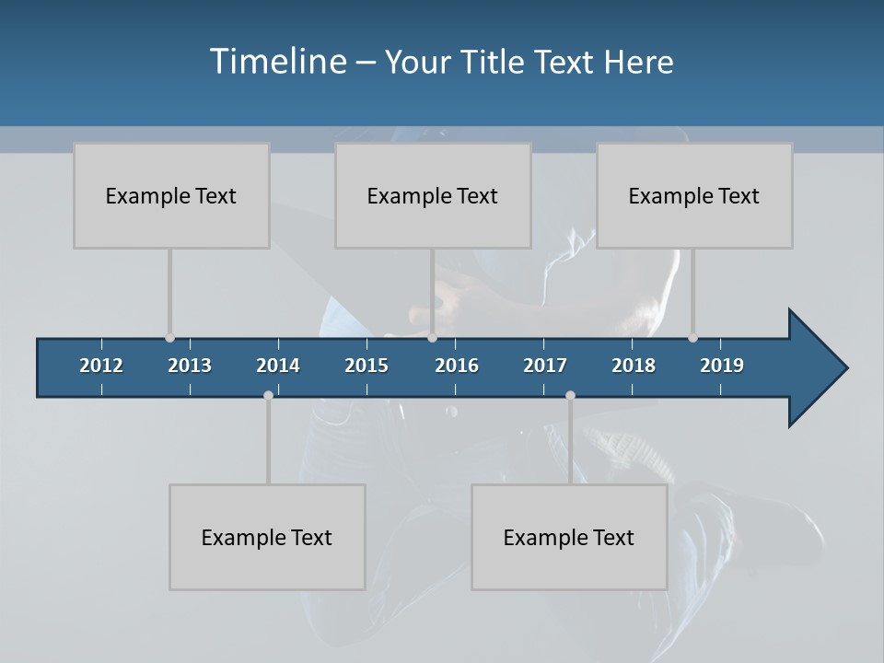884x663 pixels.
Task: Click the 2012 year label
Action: [101, 366]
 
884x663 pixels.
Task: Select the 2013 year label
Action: [190, 366]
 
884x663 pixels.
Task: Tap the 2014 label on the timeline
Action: [278, 366]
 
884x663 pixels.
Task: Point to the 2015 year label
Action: [366, 366]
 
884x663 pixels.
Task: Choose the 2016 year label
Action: [457, 366]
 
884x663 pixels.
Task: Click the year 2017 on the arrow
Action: [545, 366]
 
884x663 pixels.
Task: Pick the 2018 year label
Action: [634, 366]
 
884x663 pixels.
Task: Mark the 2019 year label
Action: [722, 366]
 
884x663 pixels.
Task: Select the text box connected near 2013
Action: [171, 195]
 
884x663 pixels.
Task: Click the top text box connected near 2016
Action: [433, 195]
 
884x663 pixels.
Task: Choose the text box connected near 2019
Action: [694, 195]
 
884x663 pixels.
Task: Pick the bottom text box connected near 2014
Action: [267, 537]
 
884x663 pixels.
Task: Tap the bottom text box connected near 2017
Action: [569, 537]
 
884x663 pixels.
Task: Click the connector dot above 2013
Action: [169, 338]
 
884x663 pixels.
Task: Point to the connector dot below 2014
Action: [268, 396]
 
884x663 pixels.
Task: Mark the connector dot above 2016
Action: [432, 338]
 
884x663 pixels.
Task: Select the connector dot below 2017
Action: [570, 396]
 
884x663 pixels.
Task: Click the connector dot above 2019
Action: [692, 338]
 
